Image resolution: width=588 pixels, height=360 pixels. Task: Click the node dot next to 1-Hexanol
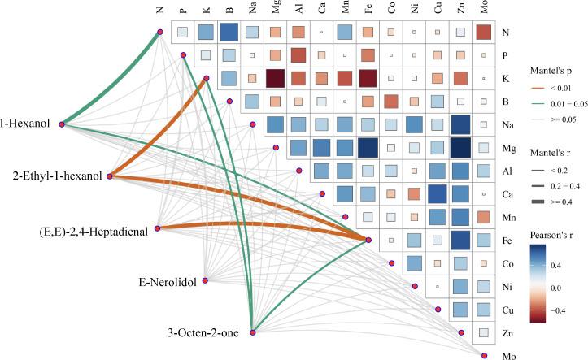coord(62,124)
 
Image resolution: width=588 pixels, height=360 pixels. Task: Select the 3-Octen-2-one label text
coord(203,332)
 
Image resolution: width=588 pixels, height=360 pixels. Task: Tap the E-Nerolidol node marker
coord(205,280)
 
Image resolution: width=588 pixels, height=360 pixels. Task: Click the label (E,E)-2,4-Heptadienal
coord(94,232)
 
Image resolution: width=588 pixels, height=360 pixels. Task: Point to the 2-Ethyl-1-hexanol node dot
coord(110,176)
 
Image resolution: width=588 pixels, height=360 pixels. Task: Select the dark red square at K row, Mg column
coord(275,78)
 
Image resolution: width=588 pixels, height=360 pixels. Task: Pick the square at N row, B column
coord(229,33)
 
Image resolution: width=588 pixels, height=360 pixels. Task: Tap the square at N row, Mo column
coord(484,33)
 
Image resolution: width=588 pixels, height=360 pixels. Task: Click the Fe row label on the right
coord(507,241)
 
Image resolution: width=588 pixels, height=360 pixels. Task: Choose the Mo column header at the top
coord(484,7)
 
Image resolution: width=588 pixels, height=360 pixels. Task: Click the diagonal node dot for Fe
coord(368,240)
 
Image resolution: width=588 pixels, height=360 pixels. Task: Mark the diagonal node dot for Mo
coord(484,355)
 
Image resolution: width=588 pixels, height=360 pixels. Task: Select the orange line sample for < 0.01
coord(538,89)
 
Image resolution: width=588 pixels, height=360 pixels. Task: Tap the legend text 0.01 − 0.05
coord(568,104)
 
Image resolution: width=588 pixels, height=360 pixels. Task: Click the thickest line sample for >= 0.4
coord(538,202)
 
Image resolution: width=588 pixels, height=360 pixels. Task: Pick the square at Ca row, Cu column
coord(438,194)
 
